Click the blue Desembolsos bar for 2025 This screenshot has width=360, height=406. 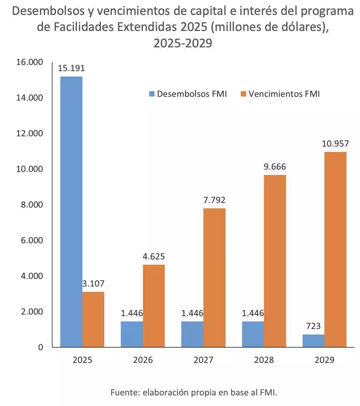(71, 211)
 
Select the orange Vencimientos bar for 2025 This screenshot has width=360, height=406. (93, 319)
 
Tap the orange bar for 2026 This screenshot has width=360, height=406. (154, 305)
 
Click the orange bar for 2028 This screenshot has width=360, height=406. (275, 261)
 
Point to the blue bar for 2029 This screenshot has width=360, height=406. (314, 341)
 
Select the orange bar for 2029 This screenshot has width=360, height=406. (336, 249)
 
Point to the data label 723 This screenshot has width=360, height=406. (314, 326)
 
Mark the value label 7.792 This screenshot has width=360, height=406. (215, 200)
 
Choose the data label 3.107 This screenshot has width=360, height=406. (94, 284)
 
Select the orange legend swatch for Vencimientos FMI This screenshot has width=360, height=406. (243, 94)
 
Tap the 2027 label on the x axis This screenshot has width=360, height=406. (203, 360)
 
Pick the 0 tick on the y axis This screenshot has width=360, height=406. (40, 347)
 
